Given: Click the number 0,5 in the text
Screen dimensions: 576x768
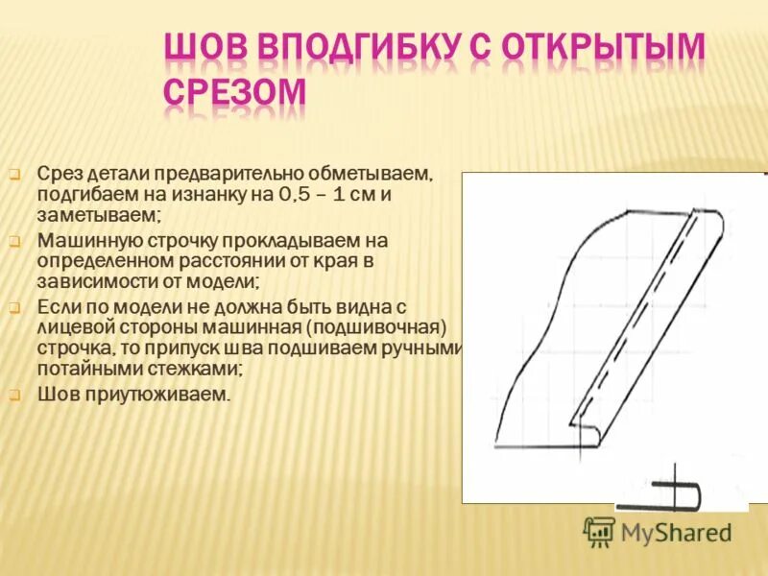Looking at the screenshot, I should click(x=293, y=196).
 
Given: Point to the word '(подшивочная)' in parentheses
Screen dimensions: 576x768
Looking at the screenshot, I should click(x=396, y=326).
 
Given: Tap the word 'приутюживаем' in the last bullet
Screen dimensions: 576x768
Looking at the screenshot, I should click(x=158, y=394).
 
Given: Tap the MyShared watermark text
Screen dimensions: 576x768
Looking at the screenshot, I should click(x=676, y=532).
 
